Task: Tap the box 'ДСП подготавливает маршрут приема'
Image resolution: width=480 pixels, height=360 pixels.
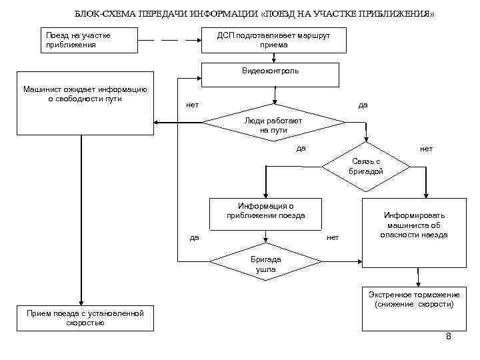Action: pos(274,40)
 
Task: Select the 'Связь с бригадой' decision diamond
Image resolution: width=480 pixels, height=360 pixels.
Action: pos(365,166)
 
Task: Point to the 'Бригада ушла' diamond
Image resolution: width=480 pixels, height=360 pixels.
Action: pos(266,263)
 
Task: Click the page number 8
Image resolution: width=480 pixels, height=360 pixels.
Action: pos(449,337)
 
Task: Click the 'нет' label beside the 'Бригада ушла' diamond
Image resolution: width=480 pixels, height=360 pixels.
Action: pos(333,237)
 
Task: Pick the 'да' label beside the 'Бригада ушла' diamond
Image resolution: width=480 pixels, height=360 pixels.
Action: pos(194,237)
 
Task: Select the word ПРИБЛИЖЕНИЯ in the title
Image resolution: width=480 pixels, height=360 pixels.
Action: pos(395,15)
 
